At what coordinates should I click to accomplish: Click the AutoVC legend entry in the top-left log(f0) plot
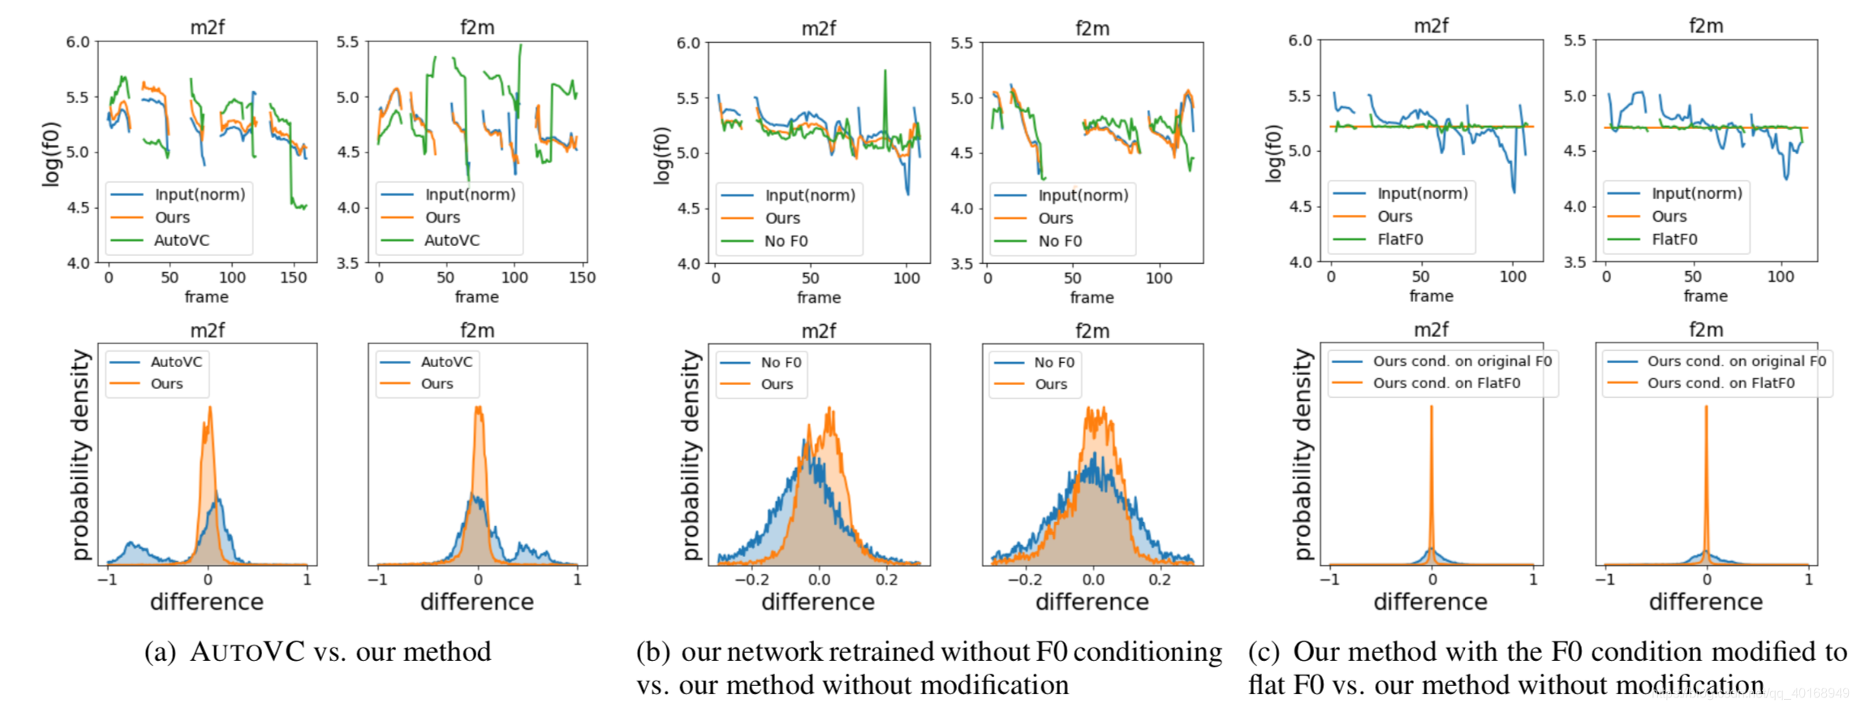181,240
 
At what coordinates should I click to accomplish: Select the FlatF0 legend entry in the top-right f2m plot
1674,240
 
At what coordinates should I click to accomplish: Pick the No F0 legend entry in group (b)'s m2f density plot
781,362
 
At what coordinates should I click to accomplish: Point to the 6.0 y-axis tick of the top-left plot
78,41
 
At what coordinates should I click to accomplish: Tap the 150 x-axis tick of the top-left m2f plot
293,278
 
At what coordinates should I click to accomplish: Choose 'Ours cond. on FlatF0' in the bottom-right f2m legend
1721,383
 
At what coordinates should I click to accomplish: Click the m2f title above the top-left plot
207,28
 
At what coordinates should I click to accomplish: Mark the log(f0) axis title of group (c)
1273,153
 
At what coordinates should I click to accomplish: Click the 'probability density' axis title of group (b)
691,455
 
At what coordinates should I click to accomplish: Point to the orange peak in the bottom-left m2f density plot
209,408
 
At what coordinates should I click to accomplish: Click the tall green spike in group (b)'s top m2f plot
885,73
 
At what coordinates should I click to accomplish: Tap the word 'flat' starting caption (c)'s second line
1267,685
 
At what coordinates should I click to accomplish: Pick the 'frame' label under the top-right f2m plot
1705,296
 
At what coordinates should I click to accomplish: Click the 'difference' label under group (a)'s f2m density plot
476,602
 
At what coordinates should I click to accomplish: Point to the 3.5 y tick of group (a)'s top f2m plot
347,263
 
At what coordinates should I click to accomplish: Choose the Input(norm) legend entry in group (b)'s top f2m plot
1083,196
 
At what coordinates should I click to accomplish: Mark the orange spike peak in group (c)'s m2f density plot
1431,407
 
